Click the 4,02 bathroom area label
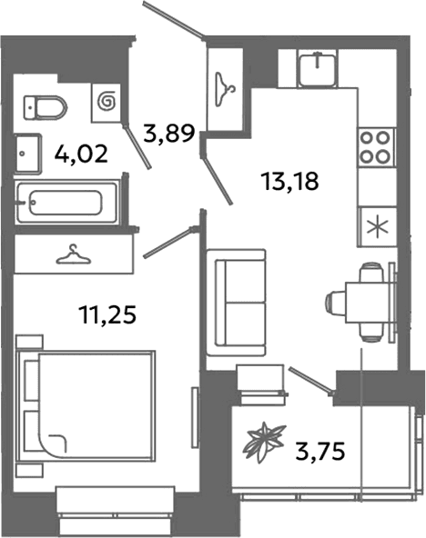tap(81, 154)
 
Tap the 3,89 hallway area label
tap(169, 134)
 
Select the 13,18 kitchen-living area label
tap(290, 182)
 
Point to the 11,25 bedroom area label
tap(108, 314)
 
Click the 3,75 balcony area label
tap(319, 452)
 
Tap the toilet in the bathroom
tap(45, 108)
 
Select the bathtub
tap(67, 203)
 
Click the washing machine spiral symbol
tap(106, 102)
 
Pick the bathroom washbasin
tap(28, 153)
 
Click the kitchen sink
tap(318, 68)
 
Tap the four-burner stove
tap(376, 147)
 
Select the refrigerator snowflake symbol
tap(377, 227)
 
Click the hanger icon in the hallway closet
tap(226, 89)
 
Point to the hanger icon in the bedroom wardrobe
tap(74, 255)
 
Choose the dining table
tap(369, 302)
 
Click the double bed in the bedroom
tap(86, 406)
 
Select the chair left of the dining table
tap(335, 303)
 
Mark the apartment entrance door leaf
tap(174, 20)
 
